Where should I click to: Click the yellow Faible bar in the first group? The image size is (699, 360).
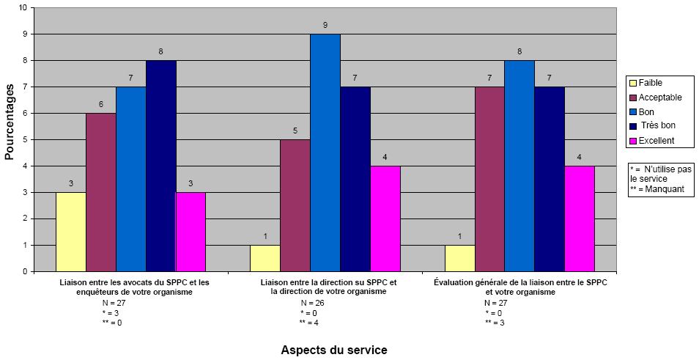coord(71,232)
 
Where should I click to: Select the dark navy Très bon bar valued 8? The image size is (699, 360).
coord(161,166)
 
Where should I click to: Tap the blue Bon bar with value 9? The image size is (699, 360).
coord(325,153)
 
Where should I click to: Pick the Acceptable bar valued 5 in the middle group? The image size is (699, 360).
coord(295,205)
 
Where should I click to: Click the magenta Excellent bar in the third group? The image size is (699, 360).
coord(579,218)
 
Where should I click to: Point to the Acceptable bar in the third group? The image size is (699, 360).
coord(489,179)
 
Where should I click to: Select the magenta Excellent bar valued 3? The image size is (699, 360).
coord(191,232)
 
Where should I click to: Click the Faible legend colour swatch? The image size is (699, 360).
coord(632,83)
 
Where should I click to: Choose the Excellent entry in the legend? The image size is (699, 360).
coord(656,139)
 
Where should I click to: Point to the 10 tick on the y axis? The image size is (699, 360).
coord(23,7)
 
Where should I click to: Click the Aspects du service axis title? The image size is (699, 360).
coord(334,350)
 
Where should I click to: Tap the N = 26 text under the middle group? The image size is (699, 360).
coord(312,303)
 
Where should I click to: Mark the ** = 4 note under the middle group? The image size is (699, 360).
coord(308,323)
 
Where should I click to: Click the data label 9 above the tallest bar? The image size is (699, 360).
coord(325,26)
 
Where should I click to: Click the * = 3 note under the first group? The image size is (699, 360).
coord(111,312)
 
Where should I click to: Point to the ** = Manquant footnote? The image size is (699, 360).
coord(657,189)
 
